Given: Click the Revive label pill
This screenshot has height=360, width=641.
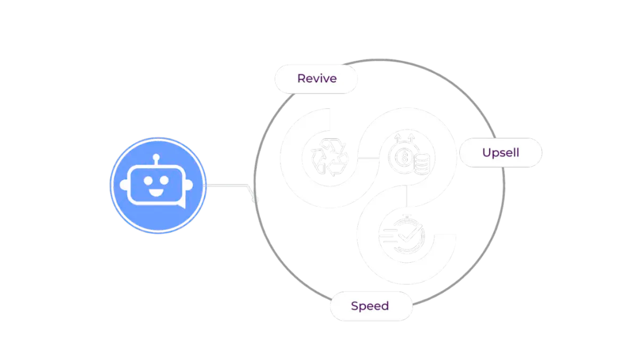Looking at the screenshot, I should (x=316, y=79).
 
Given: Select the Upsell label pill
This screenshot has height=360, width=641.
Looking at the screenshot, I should (x=501, y=153).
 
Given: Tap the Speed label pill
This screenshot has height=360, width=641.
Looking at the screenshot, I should (x=370, y=307).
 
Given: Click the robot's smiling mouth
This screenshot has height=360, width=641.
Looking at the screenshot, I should (x=157, y=190).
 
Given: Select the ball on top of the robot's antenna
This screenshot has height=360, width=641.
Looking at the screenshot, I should (x=157, y=158).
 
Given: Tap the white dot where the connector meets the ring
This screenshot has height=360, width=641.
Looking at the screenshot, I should (x=255, y=199).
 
